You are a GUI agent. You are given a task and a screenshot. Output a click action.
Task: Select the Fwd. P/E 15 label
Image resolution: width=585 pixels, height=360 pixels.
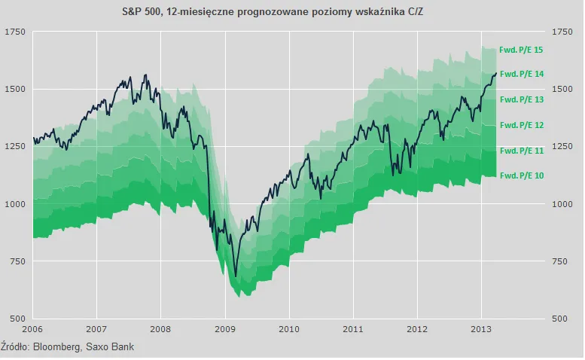pos(521,50)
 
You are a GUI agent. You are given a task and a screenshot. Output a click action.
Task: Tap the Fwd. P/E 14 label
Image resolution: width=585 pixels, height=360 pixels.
pos(521,74)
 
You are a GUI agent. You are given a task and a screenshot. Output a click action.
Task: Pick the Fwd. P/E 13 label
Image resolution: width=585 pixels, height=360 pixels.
pos(521,99)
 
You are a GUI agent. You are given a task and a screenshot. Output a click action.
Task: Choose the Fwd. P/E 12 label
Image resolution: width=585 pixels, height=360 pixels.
pos(521,124)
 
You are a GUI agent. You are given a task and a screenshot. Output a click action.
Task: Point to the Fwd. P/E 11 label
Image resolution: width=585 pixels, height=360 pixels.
pos(521,151)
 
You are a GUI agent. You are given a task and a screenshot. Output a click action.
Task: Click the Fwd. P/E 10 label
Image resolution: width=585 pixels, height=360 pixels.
pos(521,175)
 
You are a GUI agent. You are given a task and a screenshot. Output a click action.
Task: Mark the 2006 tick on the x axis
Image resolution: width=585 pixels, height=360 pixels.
pos(32,329)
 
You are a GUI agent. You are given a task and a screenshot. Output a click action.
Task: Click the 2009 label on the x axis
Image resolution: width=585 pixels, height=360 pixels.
pos(225,329)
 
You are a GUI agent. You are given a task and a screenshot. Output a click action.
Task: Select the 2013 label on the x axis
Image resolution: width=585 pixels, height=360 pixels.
pos(483,329)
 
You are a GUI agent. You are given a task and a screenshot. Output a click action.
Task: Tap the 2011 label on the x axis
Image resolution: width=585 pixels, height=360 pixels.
pos(354,329)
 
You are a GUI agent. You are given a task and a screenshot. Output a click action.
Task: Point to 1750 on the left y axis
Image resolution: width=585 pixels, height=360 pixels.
pos(14,32)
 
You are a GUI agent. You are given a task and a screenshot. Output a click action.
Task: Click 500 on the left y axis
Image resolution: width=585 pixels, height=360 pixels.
pos(17,319)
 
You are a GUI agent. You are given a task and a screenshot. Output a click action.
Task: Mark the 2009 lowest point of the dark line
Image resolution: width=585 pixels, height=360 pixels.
pos(235,276)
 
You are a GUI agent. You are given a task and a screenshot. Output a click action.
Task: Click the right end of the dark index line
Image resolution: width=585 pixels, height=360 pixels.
pos(496,73)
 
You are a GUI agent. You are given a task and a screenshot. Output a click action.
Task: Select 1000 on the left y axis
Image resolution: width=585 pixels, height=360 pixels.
pos(14,203)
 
